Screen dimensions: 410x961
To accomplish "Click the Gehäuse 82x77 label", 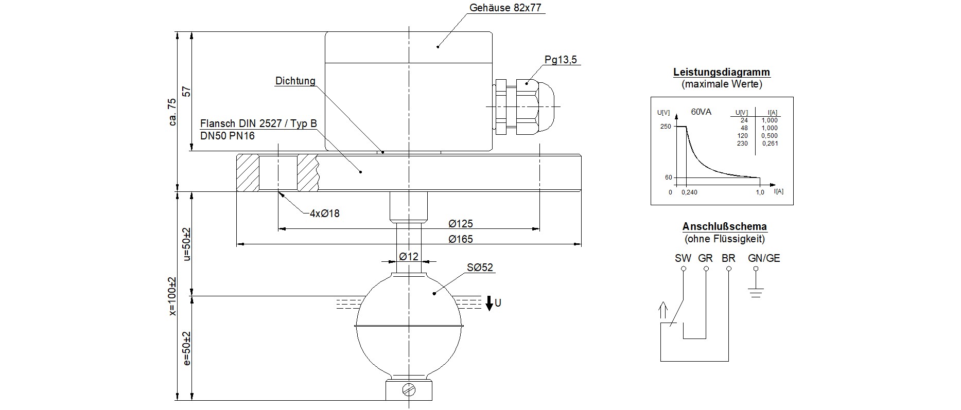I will coord(505,8).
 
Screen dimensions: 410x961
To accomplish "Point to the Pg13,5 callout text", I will coord(561,60).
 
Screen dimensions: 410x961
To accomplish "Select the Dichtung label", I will coord(295,81).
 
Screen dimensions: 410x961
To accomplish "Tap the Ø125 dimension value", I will coord(460,224).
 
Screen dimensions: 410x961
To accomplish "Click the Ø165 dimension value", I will coord(460,239).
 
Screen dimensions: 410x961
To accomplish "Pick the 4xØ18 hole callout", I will coord(324,213).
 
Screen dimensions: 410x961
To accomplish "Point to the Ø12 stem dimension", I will coord(409,256).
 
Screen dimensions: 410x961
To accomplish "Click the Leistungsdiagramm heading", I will coord(722,73).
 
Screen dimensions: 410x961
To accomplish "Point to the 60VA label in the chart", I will coord(701,112).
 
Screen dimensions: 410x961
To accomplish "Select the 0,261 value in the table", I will coord(770,144).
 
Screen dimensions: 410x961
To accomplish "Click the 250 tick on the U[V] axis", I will coord(666,127).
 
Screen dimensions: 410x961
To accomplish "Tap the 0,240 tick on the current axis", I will coord(689,192).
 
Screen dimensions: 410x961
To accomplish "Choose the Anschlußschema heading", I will coord(724,226).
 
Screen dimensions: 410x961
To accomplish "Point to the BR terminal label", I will coord(728,258).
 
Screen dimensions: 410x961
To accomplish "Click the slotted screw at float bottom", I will coord(409,390).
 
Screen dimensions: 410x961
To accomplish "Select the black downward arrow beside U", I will coord(489,303).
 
